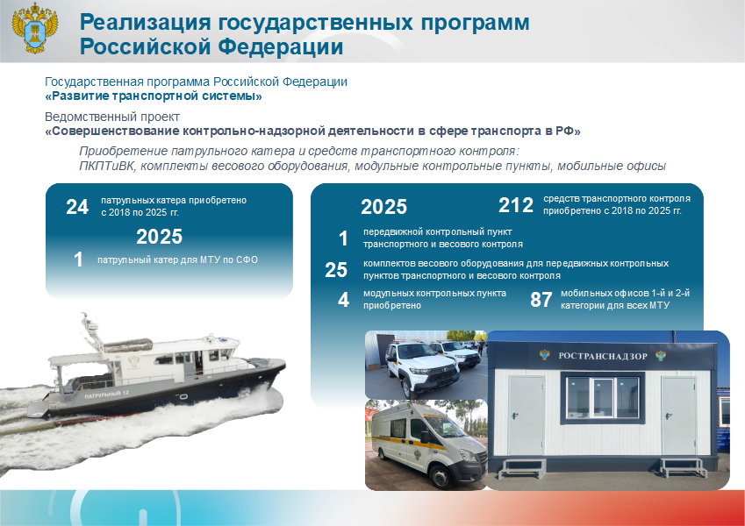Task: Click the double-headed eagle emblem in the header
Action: coord(35,27)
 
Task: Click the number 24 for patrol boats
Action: coord(77,207)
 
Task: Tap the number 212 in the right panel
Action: coord(515,205)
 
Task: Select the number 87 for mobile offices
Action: coord(541,300)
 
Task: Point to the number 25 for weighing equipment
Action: coord(336,270)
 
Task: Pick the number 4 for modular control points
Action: coord(343,300)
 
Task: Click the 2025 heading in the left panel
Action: coord(159,237)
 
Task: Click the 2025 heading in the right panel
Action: coord(383,207)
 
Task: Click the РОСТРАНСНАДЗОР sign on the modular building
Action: coord(603,356)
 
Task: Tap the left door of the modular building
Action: coord(526,416)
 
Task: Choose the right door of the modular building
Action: coord(679,416)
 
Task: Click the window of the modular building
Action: coord(603,398)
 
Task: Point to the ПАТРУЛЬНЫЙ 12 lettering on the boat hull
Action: coord(106,394)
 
